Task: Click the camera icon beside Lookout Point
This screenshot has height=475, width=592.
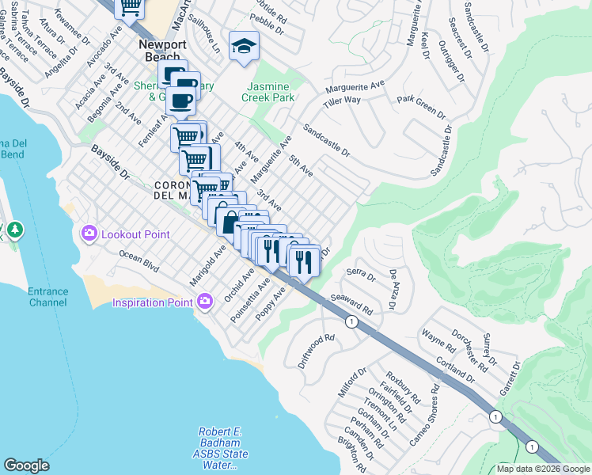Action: point(88,234)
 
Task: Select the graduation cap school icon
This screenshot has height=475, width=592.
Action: point(244,46)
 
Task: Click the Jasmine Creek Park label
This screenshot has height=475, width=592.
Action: point(260,92)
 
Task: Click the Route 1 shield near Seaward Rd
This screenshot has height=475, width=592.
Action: point(348,321)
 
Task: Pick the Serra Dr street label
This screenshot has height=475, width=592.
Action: point(361,274)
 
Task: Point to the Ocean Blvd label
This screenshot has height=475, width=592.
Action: point(139,263)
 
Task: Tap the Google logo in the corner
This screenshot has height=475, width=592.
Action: point(26,465)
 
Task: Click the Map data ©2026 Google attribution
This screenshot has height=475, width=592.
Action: point(543,469)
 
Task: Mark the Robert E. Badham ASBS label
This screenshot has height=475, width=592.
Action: point(222,443)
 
